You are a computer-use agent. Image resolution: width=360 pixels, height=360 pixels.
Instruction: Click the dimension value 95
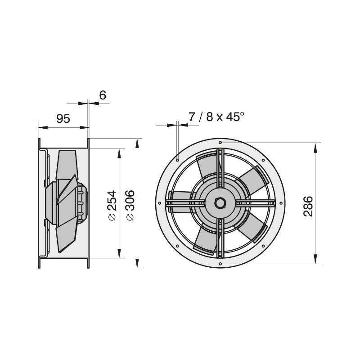pyautogui.click(x=63, y=119)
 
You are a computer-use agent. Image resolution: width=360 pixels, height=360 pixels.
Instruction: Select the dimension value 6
pyautogui.click(x=103, y=95)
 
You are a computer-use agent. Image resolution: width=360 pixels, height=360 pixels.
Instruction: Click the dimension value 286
pyautogui.click(x=308, y=206)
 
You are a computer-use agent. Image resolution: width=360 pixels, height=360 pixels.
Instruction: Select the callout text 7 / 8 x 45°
pyautogui.click(x=216, y=117)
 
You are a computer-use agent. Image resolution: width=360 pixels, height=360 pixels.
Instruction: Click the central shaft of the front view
pyautogui.click(x=220, y=203)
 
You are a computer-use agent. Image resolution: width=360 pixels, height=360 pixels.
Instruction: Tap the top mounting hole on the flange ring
pyautogui.click(x=220, y=143)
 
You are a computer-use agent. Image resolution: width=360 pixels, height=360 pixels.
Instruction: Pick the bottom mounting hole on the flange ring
pyautogui.click(x=220, y=264)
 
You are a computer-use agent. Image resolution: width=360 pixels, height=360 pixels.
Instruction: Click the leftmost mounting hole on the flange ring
pyautogui.click(x=160, y=203)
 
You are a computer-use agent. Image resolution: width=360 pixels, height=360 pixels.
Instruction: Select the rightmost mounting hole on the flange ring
pyautogui.click(x=281, y=203)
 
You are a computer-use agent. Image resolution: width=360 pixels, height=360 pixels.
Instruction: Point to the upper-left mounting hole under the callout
pyautogui.click(x=177, y=160)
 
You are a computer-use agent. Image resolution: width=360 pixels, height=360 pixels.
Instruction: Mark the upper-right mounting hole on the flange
pyautogui.click(x=263, y=160)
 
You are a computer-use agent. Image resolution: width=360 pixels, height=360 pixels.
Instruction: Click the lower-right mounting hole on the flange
pyautogui.click(x=263, y=246)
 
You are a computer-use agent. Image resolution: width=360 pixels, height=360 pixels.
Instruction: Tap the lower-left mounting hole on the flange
pyautogui.click(x=177, y=246)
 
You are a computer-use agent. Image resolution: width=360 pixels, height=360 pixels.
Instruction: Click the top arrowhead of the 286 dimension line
pyautogui.click(x=315, y=147)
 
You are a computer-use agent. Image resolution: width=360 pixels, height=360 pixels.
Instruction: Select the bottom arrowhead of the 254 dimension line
pyautogui.click(x=119, y=253)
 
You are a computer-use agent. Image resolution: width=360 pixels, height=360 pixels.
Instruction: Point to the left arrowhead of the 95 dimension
pyautogui.click(x=43, y=127)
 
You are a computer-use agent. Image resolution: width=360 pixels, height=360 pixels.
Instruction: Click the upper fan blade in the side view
pyautogui.click(x=66, y=165)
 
